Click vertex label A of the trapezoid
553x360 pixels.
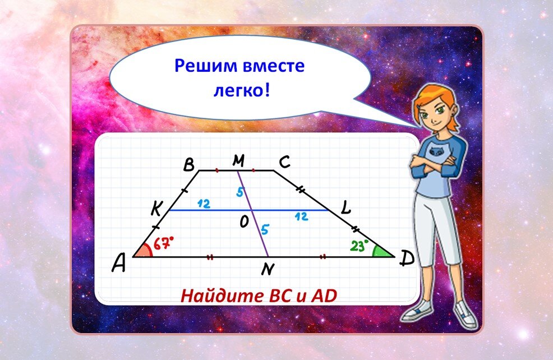click(x=118, y=263)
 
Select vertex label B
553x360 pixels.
click(x=189, y=165)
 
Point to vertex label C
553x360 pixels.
click(x=284, y=163)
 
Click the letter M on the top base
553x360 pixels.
click(x=239, y=161)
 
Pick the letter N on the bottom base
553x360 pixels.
click(x=268, y=270)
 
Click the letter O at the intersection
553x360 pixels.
click(x=244, y=223)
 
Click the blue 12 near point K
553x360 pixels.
click(x=203, y=204)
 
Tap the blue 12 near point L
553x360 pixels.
click(x=301, y=216)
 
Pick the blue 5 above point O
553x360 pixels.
click(x=239, y=192)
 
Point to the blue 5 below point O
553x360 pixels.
click(x=265, y=228)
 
